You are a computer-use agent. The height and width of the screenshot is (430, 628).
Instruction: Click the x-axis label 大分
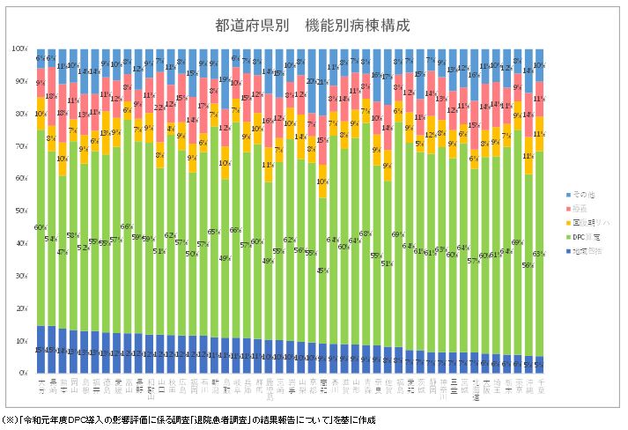[x=41, y=387]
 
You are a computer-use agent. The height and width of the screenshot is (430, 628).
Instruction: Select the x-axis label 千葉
[x=538, y=387]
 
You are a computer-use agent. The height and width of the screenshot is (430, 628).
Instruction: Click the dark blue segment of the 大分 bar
[x=41, y=350]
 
